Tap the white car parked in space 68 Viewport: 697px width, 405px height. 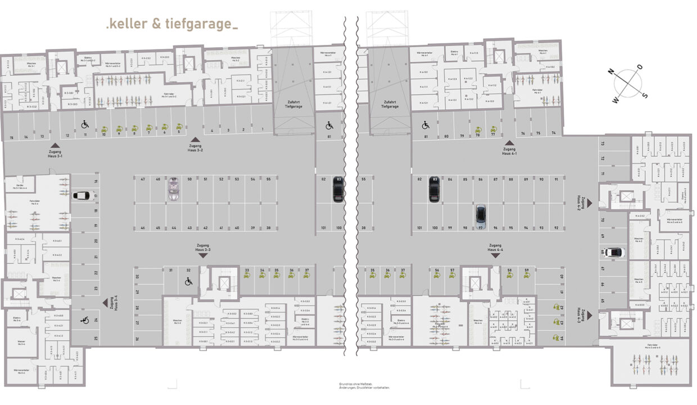coord(614,252)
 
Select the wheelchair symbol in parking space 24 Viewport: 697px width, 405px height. coord(85,320)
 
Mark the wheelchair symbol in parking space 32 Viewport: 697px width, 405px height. coord(189,281)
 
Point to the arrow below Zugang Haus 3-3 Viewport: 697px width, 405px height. coord(203,255)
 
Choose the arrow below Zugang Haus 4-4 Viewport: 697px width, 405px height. coord(495,255)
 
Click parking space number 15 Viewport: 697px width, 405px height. coord(11,137)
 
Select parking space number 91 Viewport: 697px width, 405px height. coord(556,179)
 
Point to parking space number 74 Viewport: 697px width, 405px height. coord(554,134)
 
